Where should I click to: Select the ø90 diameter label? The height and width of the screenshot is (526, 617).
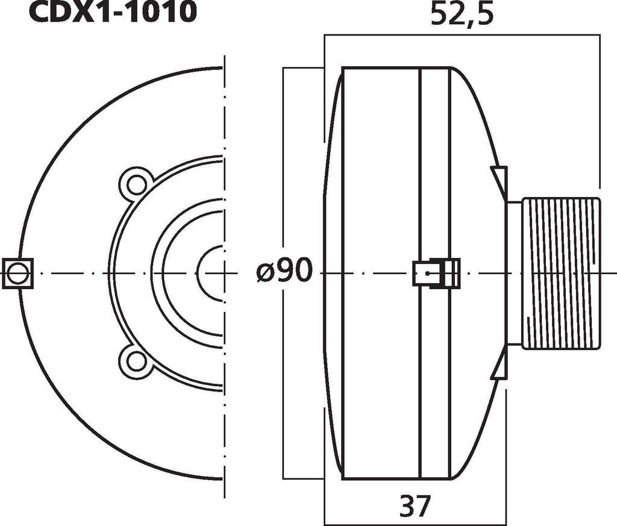tap(285, 273)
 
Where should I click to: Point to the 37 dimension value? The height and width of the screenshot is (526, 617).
tap(415, 506)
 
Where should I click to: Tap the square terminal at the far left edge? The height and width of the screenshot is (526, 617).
tap(17, 274)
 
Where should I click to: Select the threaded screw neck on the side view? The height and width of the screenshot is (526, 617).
tap(560, 273)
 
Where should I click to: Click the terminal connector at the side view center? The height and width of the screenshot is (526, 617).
tap(436, 273)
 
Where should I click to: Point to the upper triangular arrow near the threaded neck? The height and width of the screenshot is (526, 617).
tap(501, 178)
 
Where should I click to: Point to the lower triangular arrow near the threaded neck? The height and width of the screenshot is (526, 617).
tap(500, 368)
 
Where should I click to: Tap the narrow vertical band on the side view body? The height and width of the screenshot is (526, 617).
tap(434, 181)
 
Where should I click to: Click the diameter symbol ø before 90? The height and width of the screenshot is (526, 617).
tap(266, 273)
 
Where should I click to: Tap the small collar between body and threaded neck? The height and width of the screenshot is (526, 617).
tap(514, 273)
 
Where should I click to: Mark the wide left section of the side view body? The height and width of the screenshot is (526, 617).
tap(380, 181)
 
